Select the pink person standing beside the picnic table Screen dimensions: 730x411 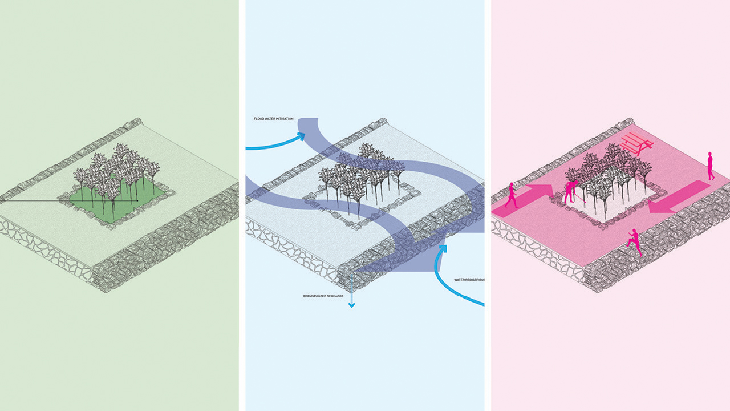(710, 166)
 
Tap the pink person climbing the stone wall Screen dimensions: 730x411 (634, 241)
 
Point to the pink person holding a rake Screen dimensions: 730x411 (570, 192)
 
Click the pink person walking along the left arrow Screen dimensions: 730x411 (511, 195)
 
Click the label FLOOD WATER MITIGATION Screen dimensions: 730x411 (274, 119)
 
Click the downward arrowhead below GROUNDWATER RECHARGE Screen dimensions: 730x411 (351, 305)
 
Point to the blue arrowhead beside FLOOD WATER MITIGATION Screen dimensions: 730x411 (300, 136)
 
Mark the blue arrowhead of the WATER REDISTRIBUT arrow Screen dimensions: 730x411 (443, 249)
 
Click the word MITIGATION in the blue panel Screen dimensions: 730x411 (283, 119)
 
